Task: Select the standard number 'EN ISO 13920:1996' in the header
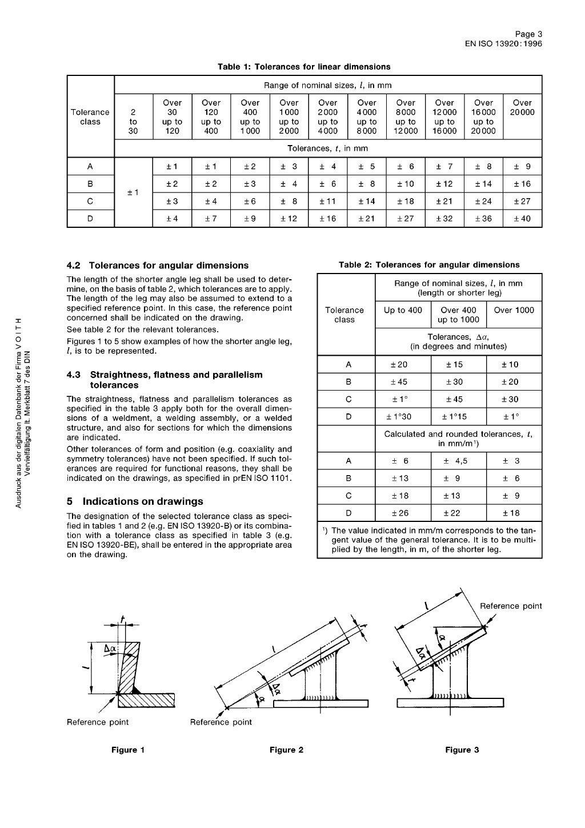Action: click(x=503, y=43)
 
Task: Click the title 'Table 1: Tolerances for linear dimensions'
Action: click(x=304, y=67)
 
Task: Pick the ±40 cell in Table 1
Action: click(x=522, y=219)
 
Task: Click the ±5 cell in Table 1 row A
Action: click(x=366, y=167)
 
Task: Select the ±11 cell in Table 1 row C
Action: click(x=327, y=202)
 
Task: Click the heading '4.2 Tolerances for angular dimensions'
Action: click(x=158, y=266)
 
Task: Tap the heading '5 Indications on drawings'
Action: click(x=135, y=501)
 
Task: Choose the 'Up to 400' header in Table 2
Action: click(x=403, y=310)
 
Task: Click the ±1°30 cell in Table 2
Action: click(x=403, y=417)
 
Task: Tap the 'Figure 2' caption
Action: click(x=286, y=750)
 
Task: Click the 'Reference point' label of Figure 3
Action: click(x=510, y=606)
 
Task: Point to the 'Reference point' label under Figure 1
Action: click(x=98, y=722)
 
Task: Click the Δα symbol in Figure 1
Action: click(x=111, y=648)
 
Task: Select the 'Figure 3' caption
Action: click(x=462, y=750)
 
